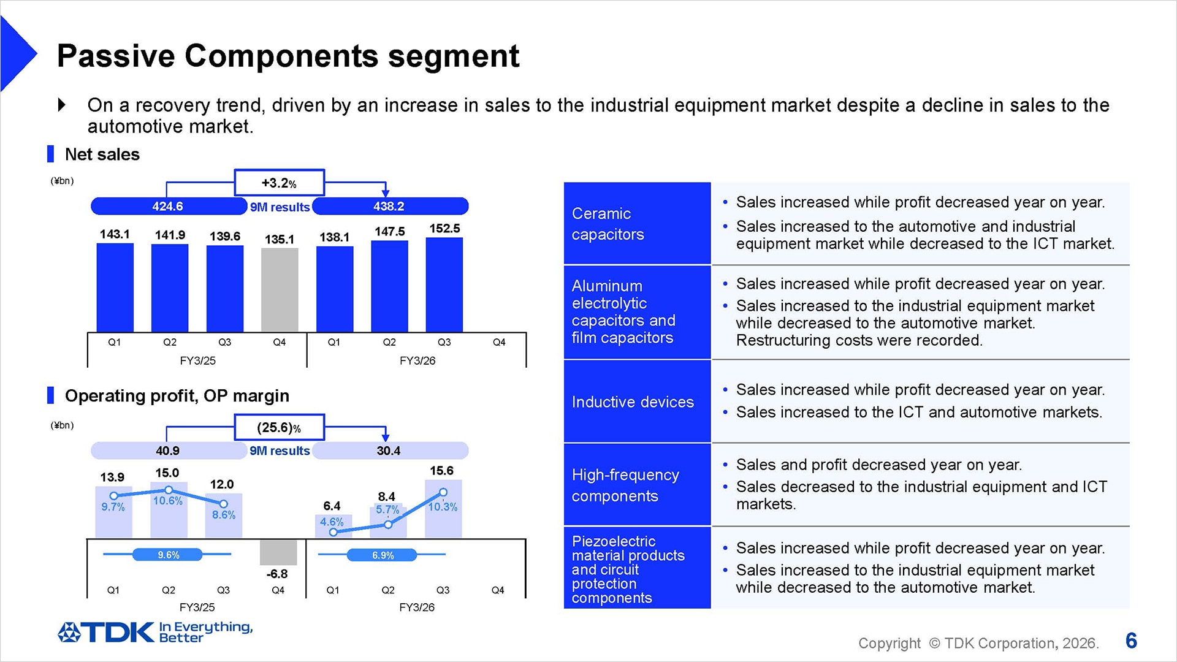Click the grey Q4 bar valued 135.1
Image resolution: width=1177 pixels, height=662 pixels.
coord(280,289)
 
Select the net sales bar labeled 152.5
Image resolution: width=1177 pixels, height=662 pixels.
coord(444,284)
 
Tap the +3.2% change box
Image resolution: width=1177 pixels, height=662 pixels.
coord(279,183)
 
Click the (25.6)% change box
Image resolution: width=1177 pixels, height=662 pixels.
coord(279,427)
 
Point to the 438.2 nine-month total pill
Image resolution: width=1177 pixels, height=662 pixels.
coord(390,207)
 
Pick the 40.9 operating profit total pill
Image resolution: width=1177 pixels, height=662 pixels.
coord(168,451)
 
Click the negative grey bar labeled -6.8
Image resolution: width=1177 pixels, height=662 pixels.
coord(278,552)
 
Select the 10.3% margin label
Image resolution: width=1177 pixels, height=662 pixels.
coord(443,507)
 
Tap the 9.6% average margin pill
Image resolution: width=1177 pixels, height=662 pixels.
coord(168,555)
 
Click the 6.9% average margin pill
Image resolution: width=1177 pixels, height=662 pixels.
coord(383,555)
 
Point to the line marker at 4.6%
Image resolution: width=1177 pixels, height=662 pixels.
coord(333,532)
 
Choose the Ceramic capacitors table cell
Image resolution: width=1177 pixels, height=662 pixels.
coord(637,224)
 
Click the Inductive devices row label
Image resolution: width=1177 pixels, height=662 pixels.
coord(633,402)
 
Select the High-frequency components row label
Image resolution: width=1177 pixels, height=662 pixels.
coord(625,485)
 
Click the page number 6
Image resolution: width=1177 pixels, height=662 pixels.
coord(1131,641)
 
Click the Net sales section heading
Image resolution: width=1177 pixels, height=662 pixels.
coord(102,154)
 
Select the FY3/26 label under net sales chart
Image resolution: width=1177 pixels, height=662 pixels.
coord(417,361)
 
